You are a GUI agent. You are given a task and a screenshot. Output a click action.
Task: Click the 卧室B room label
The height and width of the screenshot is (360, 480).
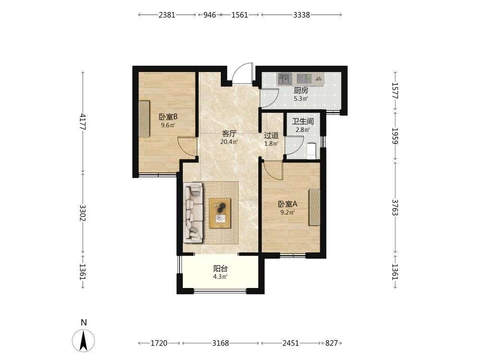coord(168,117)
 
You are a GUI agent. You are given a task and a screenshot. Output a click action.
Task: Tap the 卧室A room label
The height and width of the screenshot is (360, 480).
coord(288,204)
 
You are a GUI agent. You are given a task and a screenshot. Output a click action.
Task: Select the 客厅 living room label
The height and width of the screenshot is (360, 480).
coord(229,134)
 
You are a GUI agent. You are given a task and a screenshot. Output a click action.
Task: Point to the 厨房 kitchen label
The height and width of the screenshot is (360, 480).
coord(301,91)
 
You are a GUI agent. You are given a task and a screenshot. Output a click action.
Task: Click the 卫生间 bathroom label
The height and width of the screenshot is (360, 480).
coord(303,121)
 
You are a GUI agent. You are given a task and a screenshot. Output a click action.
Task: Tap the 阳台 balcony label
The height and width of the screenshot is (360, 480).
coord(220,269)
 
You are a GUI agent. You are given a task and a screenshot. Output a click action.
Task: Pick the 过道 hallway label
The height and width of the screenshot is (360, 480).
coord(271,135)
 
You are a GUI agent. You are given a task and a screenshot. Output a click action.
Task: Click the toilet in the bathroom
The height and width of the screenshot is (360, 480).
coord(312,151)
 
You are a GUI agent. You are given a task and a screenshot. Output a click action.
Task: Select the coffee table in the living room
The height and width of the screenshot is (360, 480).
coord(220,213)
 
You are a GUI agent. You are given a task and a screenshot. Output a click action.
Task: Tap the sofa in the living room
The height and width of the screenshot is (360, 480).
coord(193,213)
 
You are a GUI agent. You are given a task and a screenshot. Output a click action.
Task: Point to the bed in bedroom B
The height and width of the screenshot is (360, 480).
coord(144,119)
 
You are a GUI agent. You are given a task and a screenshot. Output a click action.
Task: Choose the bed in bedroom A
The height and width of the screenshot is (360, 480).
coord(314,207)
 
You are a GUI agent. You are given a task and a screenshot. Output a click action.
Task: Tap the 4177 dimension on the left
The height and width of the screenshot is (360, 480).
coord(83,121)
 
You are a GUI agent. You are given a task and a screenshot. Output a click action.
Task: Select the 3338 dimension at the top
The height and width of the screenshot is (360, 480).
coord(301,15)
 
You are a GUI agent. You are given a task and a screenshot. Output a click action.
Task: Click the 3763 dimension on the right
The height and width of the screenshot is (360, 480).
coord(395,207)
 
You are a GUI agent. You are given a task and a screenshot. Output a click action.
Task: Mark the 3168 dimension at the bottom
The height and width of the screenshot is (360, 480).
coord(220,343)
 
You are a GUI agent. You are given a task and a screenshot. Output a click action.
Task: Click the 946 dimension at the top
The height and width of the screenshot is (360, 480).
coord(210,15)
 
